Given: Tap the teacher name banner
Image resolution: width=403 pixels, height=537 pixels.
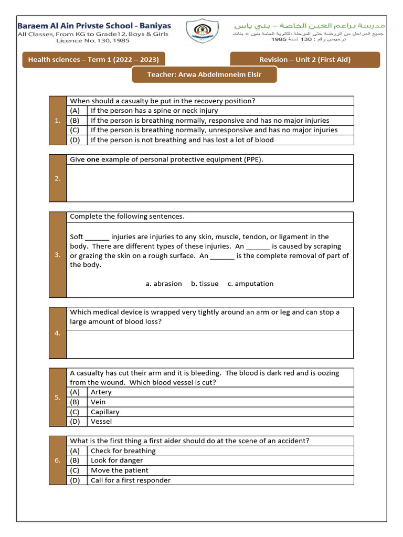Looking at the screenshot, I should point(204,74).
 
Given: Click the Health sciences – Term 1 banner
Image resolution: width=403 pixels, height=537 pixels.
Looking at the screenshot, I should point(93,59).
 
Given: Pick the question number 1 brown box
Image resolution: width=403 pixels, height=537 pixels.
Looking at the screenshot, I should point(58,121).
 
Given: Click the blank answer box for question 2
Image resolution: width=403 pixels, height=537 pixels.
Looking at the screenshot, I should point(210,182).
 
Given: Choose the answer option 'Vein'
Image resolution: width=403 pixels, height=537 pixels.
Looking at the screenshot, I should point(98,402).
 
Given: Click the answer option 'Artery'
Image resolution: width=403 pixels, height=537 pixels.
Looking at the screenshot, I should point(101,392).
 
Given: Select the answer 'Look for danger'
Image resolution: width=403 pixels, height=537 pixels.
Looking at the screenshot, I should point(116,460).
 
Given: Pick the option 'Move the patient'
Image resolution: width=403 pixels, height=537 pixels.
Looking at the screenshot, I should point(119,470).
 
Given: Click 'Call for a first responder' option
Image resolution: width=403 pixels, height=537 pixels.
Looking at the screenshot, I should point(130,480).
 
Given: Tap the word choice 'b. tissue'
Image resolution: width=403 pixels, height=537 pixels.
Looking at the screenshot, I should point(205,284).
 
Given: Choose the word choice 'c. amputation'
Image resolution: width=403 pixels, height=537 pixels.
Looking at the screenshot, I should point(250,284).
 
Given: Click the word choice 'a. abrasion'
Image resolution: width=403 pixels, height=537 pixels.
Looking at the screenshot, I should point(164,284).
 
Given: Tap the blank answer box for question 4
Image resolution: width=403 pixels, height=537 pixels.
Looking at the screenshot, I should point(210,343).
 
